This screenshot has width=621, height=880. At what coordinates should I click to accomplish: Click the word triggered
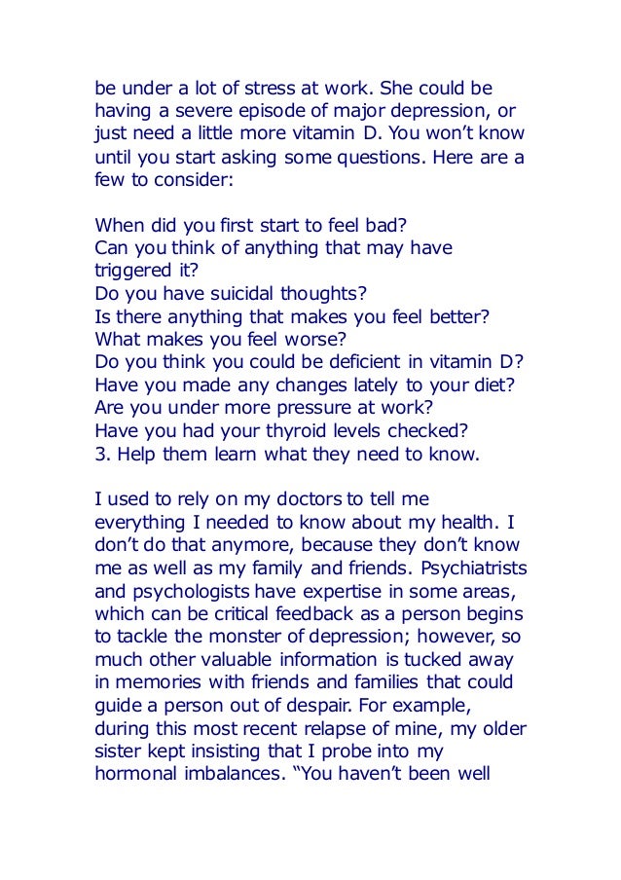click(x=133, y=270)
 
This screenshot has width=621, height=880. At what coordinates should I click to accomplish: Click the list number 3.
click(x=101, y=451)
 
